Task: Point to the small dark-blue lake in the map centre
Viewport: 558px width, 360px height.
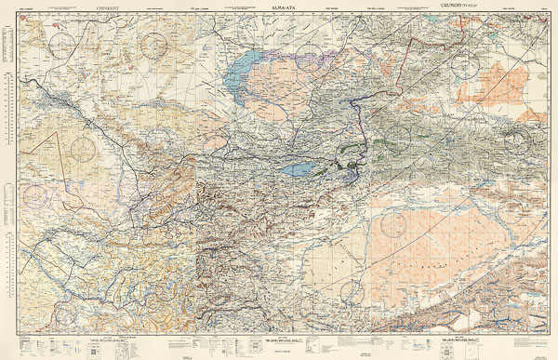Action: (x=298, y=170)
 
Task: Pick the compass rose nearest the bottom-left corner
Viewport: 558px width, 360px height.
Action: (x=35, y=195)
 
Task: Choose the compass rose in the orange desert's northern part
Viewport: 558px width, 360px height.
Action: (x=393, y=223)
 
